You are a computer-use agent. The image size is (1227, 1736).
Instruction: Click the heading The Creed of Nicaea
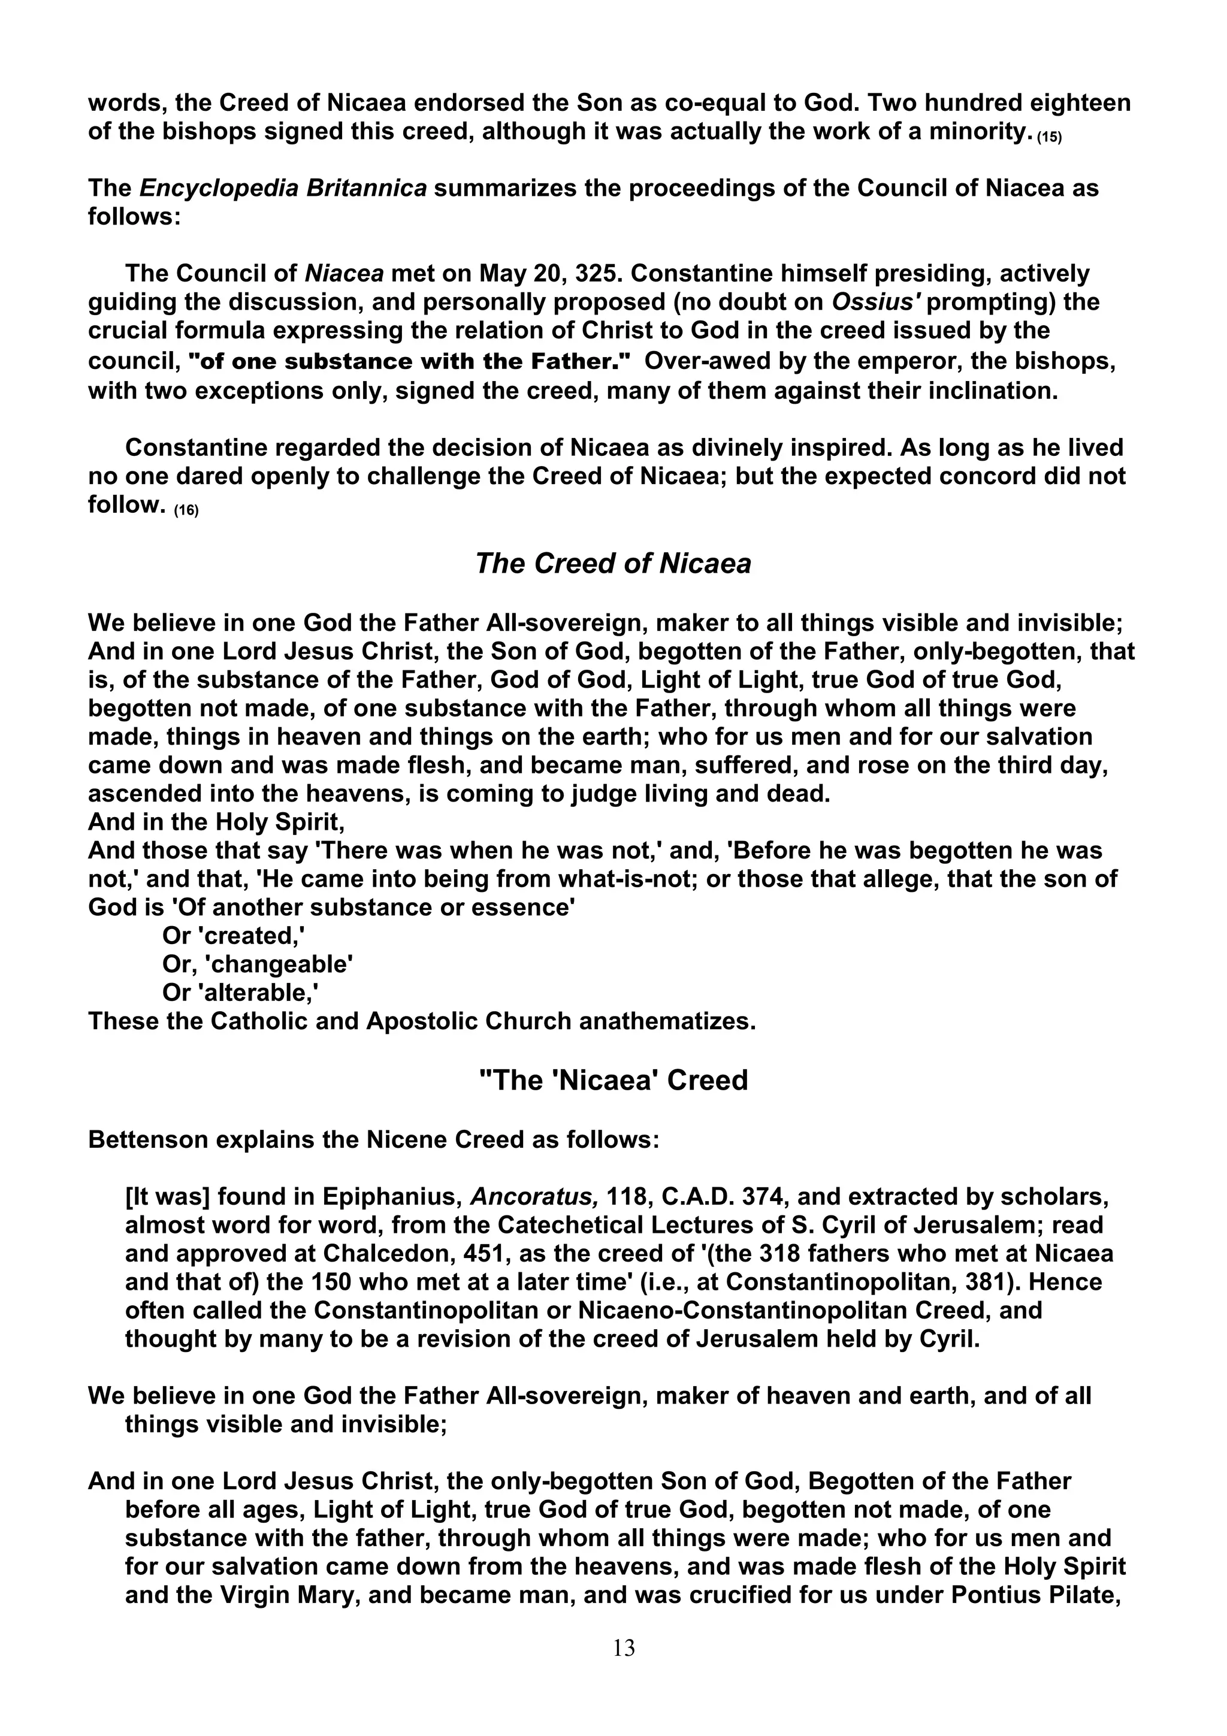[613, 564]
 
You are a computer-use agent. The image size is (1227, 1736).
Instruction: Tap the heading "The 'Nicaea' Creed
[613, 1081]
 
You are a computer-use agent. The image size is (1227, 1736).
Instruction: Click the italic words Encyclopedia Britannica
[283, 188]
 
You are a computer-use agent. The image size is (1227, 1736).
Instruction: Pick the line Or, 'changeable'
[258, 965]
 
